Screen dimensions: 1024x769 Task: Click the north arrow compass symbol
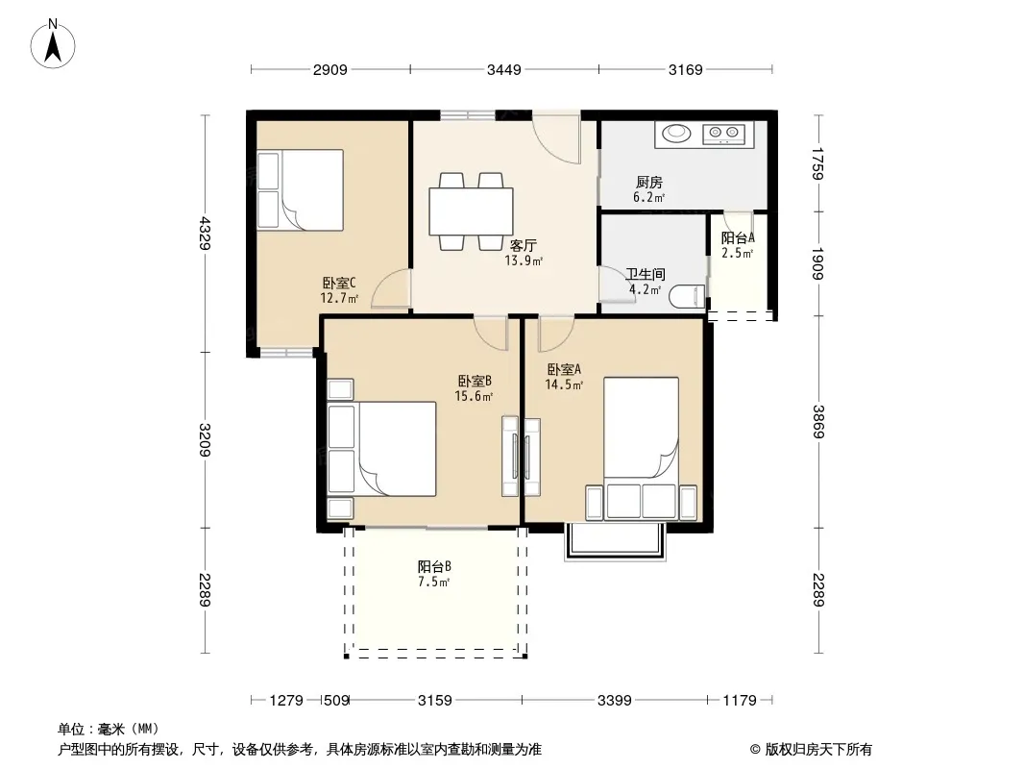(x=53, y=44)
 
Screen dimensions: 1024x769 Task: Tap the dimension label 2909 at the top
(x=329, y=70)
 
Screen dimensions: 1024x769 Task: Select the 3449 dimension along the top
(x=504, y=70)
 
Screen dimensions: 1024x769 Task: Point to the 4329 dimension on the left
(x=206, y=234)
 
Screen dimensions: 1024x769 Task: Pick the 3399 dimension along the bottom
(x=615, y=701)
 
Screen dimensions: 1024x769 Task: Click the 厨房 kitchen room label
(x=649, y=183)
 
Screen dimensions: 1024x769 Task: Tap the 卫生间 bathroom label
(x=646, y=274)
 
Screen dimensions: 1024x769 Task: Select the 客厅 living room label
(x=524, y=246)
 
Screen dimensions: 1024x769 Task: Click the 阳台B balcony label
(x=434, y=566)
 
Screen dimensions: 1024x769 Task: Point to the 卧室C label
(x=339, y=284)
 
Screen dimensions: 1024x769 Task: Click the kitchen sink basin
(x=676, y=134)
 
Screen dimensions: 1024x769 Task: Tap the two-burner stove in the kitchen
(x=723, y=134)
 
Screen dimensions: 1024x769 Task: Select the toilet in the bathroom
(x=687, y=297)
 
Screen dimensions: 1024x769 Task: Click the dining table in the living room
(x=471, y=211)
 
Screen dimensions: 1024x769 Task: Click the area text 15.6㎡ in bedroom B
(x=474, y=396)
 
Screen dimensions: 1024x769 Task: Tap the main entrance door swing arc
(x=555, y=138)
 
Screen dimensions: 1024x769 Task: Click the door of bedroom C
(x=391, y=289)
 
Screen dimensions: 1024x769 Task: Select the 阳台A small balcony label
(x=738, y=238)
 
